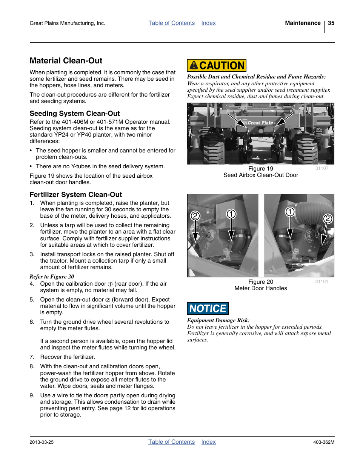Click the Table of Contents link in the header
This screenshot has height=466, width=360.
point(171,23)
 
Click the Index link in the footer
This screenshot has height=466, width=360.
point(208,442)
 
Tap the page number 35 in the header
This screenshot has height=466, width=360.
point(331,23)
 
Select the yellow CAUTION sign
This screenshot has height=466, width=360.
point(217,66)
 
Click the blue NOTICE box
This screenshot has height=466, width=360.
point(208,309)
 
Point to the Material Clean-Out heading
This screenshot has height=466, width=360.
point(66,61)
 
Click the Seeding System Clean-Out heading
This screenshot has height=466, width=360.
point(75,114)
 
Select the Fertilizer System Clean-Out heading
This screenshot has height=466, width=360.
point(76,195)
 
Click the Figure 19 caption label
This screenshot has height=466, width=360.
point(260,169)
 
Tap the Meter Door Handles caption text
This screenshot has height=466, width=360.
point(260,288)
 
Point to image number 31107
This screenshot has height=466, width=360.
point(322,168)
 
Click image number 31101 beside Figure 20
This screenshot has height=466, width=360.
point(322,281)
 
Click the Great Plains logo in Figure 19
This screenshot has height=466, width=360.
point(261,123)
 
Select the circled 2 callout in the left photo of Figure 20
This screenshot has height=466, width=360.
point(195,216)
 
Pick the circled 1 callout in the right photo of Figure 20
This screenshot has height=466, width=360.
point(290,212)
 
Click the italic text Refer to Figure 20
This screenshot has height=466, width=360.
point(52,277)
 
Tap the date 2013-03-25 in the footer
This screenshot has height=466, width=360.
point(42,442)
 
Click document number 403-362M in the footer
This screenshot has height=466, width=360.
point(323,442)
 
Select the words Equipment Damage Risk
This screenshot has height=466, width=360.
point(218,320)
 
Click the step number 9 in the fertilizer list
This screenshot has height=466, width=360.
point(32,395)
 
